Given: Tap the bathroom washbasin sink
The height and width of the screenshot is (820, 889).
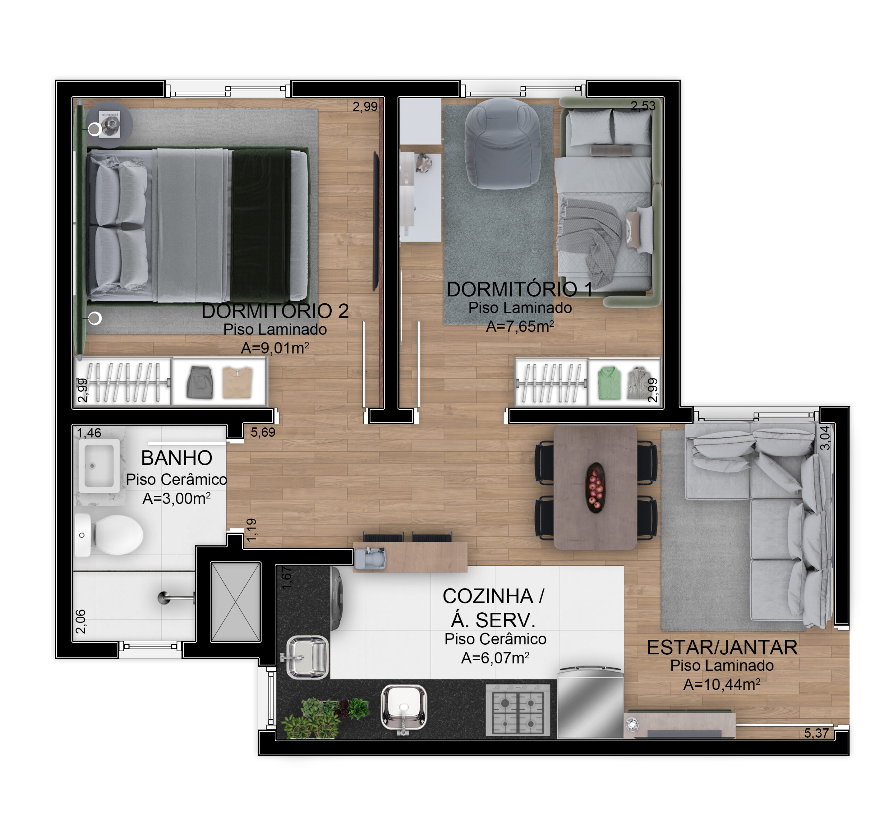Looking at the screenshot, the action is point(99,466).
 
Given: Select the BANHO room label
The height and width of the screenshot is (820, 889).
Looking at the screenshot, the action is point(177,458).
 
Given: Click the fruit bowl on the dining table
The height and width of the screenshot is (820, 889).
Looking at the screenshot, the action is point(595,488).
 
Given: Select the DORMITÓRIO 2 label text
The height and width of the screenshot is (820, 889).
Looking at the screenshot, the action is point(275,311).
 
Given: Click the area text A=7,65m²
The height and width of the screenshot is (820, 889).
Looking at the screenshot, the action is point(520,327).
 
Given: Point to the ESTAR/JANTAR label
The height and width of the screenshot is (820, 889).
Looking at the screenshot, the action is point(722,647).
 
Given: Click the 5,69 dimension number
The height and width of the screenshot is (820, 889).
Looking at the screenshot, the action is point(263,432).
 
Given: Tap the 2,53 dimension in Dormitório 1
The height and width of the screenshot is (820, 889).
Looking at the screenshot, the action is point(643,106).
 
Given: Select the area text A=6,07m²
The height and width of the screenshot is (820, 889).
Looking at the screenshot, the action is point(495,658).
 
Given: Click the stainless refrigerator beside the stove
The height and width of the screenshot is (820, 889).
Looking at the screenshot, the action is point(590,702).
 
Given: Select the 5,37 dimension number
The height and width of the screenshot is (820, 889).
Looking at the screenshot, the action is point(816,733).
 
